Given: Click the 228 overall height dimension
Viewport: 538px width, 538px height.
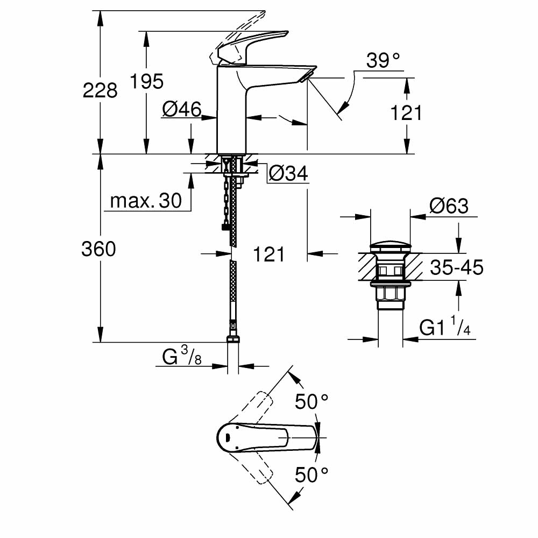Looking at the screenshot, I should coord(100,90).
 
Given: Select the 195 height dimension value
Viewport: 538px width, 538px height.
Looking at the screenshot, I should coord(147,82).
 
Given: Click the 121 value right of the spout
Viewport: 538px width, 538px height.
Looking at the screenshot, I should coord(406,113).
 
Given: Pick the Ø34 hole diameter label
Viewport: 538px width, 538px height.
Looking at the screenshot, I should coord(287,173).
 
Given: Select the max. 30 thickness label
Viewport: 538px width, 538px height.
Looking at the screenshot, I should coord(146,201).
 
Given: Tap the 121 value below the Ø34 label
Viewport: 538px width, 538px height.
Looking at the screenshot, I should coord(268,254).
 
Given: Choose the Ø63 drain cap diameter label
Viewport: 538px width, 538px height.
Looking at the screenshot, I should coord(449,206).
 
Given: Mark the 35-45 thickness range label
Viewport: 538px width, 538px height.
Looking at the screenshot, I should coord(456,267).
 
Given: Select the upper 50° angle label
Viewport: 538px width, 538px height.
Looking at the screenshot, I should coord(312,401).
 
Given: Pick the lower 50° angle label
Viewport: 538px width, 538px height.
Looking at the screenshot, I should coord(312,475).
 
